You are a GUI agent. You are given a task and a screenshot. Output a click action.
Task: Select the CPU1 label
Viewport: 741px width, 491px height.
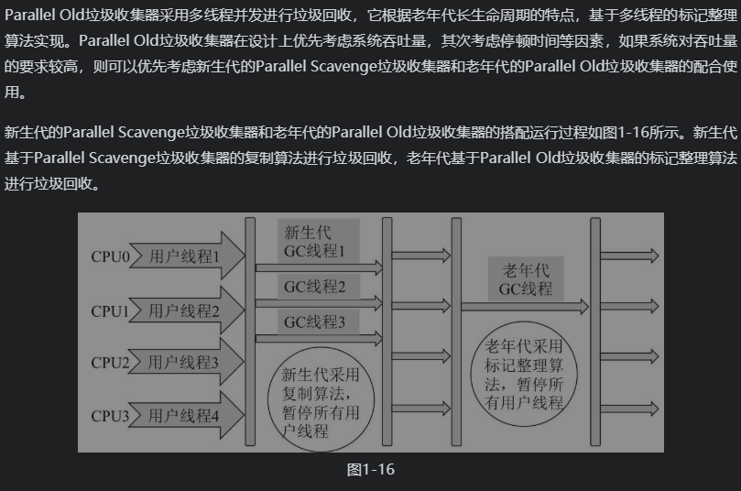(109, 311)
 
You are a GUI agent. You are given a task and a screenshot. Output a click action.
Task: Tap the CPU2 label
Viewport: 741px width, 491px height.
(109, 363)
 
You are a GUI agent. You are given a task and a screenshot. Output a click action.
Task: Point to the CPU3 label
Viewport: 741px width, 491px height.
(109, 416)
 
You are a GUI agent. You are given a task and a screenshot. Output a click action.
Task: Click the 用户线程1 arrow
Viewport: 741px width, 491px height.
(189, 257)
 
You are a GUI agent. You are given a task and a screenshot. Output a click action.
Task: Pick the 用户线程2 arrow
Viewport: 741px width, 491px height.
(189, 311)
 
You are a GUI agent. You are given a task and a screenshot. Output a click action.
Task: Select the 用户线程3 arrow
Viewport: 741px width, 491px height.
(189, 363)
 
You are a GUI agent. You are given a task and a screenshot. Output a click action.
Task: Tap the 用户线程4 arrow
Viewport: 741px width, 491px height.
(189, 416)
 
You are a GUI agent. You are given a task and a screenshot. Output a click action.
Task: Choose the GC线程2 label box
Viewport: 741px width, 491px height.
(314, 288)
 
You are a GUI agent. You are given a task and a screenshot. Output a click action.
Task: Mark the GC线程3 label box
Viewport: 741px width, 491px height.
(314, 322)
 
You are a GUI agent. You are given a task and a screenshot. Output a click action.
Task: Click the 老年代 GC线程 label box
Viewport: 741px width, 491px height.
(526, 279)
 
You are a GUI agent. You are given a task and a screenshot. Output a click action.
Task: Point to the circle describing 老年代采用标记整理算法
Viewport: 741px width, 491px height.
(526, 375)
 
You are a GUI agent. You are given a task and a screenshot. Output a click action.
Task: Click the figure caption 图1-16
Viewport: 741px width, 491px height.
(370, 469)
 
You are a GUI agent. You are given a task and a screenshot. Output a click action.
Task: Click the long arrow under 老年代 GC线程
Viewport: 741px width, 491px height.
(526, 308)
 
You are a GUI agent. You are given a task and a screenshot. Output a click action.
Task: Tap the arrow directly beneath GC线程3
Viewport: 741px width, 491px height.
(318, 339)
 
